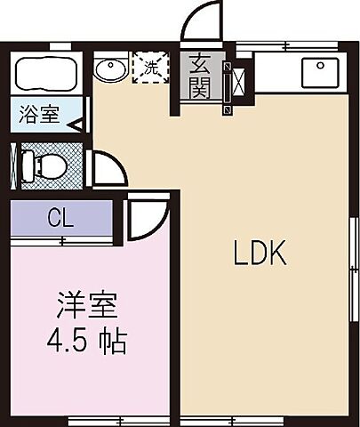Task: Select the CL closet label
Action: [60, 217]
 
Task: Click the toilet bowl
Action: [48, 165]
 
